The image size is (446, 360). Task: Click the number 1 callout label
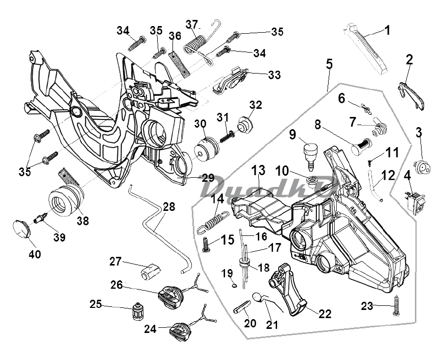387,30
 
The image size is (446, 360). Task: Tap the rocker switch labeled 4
415,202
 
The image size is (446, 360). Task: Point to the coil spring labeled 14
213,222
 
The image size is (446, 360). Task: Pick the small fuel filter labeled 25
137,311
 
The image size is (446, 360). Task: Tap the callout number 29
208,178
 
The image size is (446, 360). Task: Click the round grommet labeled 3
423,167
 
